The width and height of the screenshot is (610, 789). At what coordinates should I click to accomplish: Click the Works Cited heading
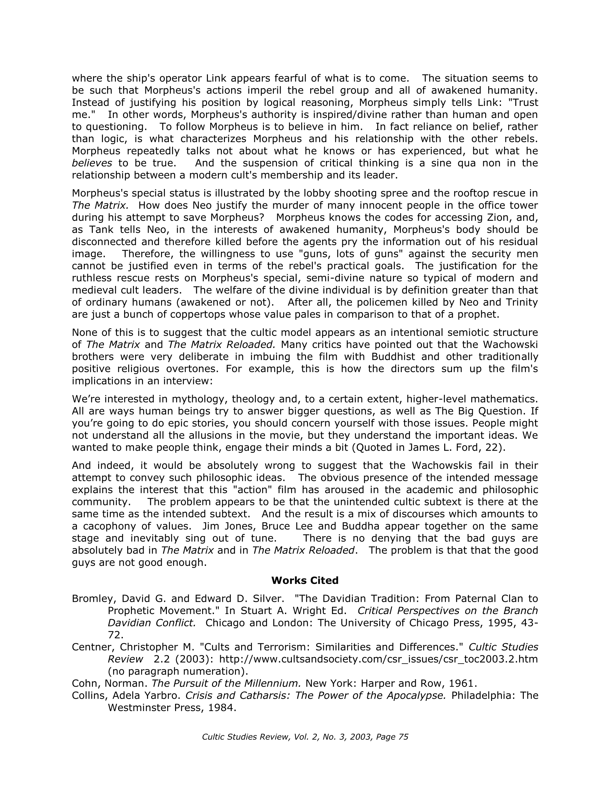(304, 580)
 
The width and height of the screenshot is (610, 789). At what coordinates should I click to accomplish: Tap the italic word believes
(92, 163)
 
